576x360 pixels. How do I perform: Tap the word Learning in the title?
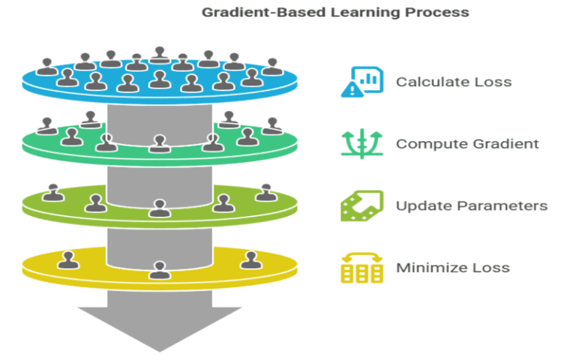(337, 13)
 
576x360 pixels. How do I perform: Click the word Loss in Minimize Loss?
(495, 268)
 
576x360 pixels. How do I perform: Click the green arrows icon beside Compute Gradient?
(361, 143)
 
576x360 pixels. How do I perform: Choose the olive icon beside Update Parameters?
(361, 205)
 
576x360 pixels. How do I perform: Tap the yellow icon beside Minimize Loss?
(361, 268)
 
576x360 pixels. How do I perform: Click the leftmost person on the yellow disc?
(68, 259)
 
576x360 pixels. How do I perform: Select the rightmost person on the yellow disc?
(250, 259)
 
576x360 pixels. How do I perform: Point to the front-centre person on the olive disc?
(158, 208)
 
